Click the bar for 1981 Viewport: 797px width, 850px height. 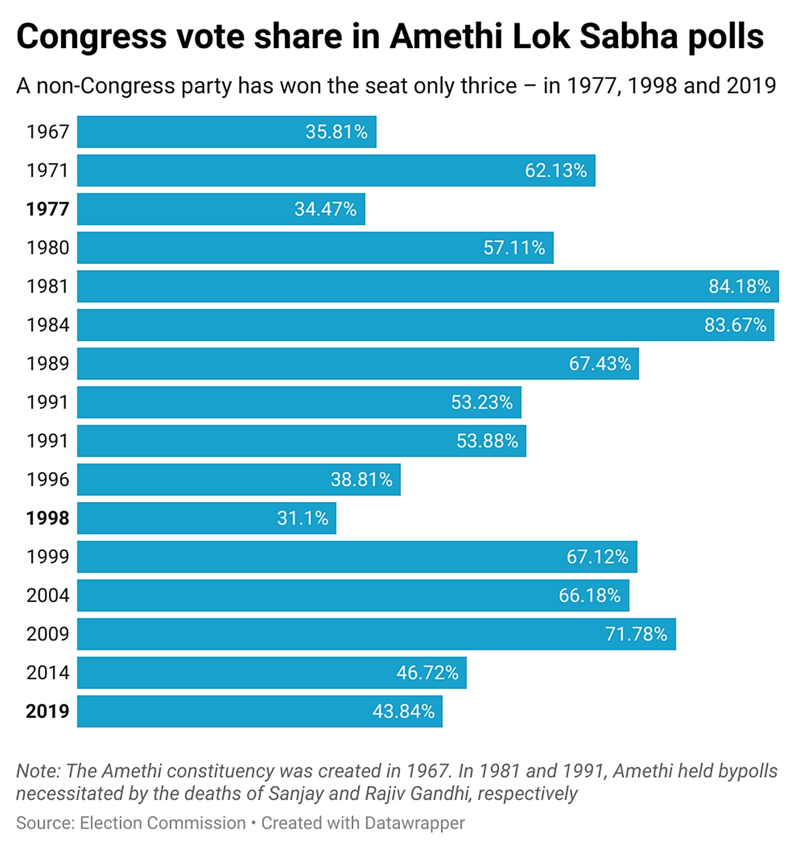point(427,286)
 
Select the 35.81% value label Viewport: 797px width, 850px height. point(336,132)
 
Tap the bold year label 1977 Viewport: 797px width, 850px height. point(47,209)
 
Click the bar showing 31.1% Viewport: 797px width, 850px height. point(206,518)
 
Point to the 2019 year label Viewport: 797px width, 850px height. point(47,711)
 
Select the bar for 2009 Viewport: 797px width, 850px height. point(376,634)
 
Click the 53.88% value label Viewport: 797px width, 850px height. point(487,441)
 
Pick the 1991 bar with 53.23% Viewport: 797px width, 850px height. point(299,402)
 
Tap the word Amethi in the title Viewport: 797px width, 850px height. point(446,37)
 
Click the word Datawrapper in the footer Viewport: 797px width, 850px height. point(414,823)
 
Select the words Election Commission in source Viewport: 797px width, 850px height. point(163,823)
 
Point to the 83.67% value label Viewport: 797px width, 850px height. point(735,325)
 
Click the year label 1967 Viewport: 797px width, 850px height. point(47,132)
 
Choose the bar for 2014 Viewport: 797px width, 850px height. point(271,673)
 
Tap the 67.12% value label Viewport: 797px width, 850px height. point(597,557)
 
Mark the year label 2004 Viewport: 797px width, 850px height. point(47,596)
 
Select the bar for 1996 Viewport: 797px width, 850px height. point(239,480)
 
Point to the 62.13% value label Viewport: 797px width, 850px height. point(555,171)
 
